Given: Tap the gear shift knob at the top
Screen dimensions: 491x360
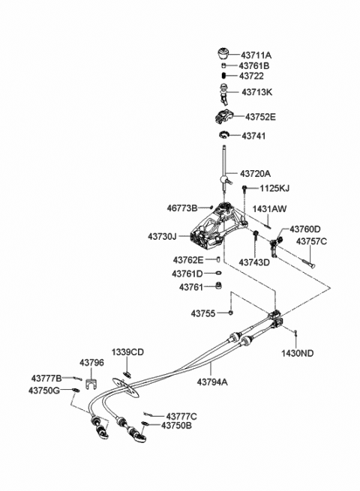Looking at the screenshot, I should coord(223,55).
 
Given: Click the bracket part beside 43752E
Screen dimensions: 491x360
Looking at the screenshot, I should coord(223,116).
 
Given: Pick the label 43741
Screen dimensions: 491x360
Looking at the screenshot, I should coord(253,136).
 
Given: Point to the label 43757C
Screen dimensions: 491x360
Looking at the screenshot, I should coord(312,242).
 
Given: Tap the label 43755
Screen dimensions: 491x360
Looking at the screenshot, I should coord(203,313).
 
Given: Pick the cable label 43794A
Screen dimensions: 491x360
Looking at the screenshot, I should coord(213,381).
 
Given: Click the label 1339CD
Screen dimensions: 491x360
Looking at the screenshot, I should coord(127,352).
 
